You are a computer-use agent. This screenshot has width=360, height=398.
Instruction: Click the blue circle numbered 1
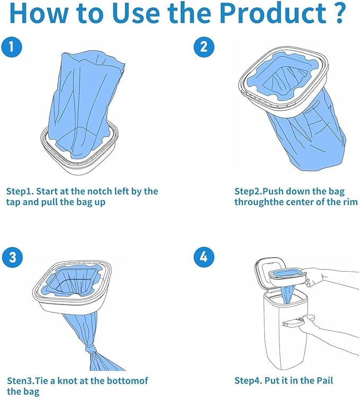pos(16,48)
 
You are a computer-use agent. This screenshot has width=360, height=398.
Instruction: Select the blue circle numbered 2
pos(203,48)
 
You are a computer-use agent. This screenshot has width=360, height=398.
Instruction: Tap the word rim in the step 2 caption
pos(349,202)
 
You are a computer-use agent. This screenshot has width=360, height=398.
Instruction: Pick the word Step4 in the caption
pos(248,380)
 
